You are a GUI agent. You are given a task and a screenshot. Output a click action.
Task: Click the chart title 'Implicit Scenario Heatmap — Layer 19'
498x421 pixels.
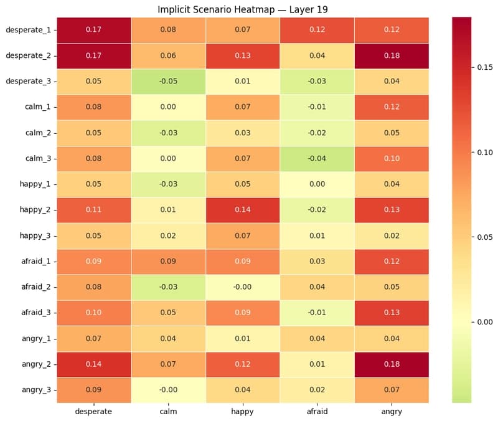click(x=243, y=9)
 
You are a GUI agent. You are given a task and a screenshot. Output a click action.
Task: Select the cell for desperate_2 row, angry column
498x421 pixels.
click(x=392, y=56)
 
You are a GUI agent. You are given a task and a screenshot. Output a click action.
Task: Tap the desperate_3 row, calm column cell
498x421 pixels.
click(x=168, y=82)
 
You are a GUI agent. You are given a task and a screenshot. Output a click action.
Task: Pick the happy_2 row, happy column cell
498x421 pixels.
click(x=243, y=210)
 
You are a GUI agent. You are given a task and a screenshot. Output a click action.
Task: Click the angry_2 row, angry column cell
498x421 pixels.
click(x=392, y=364)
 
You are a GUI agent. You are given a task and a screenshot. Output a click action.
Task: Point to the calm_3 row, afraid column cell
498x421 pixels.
click(x=317, y=159)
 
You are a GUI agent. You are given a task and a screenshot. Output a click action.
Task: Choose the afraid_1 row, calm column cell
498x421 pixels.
click(x=168, y=262)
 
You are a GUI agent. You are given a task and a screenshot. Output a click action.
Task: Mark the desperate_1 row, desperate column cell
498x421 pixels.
click(x=94, y=30)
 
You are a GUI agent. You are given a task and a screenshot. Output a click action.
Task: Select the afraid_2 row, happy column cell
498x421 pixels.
click(x=243, y=287)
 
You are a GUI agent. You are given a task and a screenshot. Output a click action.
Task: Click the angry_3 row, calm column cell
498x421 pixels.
click(x=168, y=390)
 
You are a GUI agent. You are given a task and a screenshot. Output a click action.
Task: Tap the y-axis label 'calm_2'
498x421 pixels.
click(x=38, y=133)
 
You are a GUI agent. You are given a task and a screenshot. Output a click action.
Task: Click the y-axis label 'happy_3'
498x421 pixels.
click(x=35, y=236)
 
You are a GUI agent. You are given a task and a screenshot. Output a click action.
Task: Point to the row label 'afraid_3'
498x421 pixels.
click(x=36, y=313)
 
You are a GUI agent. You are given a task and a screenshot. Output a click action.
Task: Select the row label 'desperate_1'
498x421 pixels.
click(x=28, y=30)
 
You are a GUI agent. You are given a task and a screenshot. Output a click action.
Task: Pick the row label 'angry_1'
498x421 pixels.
click(x=36, y=339)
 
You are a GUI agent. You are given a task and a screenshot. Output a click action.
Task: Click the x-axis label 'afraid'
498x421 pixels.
click(x=317, y=412)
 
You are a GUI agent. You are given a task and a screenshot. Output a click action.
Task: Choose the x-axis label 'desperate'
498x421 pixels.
click(x=94, y=412)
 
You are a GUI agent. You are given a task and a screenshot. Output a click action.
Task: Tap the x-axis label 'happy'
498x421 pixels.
click(x=242, y=412)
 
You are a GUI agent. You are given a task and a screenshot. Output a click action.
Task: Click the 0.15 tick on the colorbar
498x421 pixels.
click(x=485, y=67)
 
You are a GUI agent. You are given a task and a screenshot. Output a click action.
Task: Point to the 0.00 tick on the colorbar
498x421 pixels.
click(x=485, y=322)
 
